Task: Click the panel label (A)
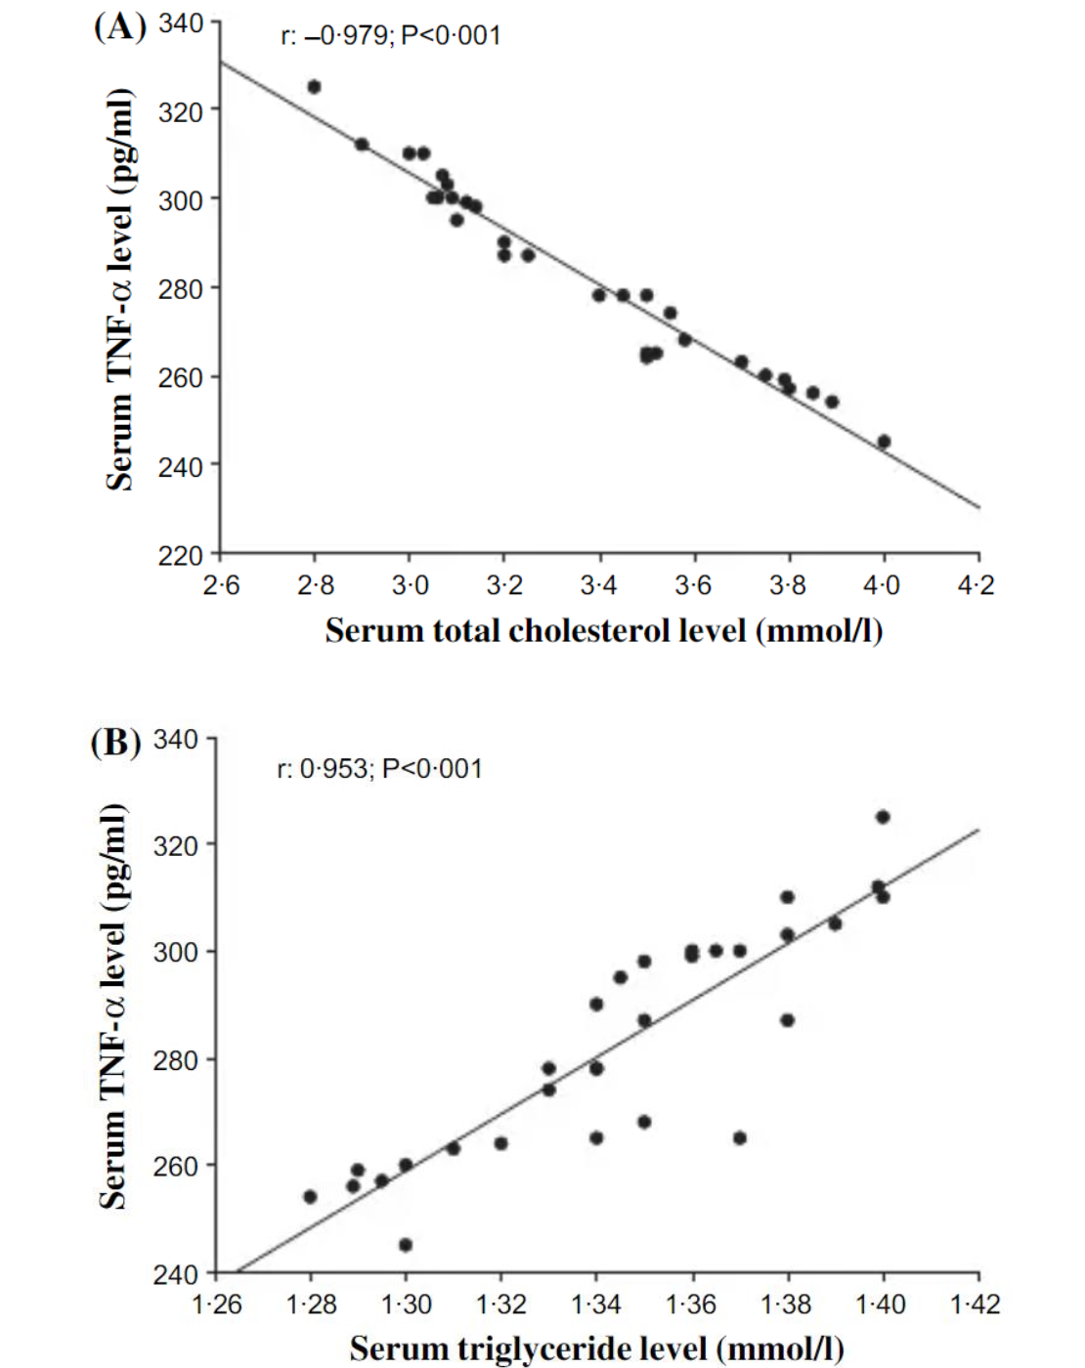[x=119, y=26]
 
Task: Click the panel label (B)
[x=115, y=743]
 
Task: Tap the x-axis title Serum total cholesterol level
[x=603, y=630]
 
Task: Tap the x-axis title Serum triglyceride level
[x=596, y=1348]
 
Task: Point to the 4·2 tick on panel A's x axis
[x=975, y=585]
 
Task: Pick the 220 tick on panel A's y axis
[x=181, y=555]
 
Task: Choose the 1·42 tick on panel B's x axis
[x=975, y=1304]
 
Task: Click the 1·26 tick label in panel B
[x=216, y=1304]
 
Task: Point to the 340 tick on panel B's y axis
[x=176, y=739]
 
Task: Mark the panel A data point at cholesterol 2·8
[x=314, y=87]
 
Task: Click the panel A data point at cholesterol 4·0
[x=884, y=442]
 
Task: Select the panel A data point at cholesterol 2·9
[x=362, y=145]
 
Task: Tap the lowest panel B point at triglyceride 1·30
[x=406, y=1245]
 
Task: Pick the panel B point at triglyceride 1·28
[x=310, y=1197]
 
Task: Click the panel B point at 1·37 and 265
[x=740, y=1138]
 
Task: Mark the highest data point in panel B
[x=883, y=817]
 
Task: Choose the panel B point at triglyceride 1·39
[x=835, y=923]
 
